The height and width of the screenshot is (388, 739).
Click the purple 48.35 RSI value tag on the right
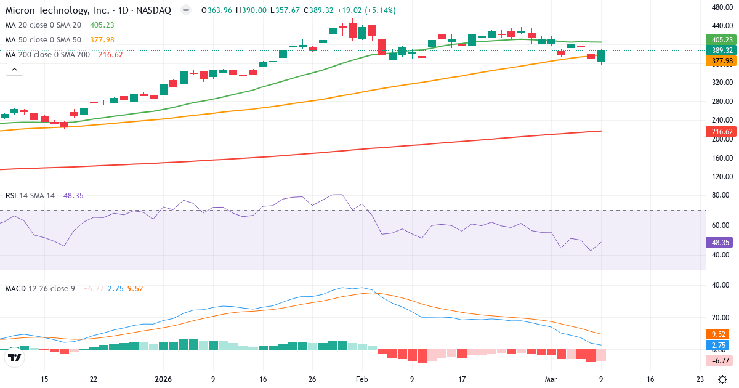719,243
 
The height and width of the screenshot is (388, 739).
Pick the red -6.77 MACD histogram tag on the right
719,360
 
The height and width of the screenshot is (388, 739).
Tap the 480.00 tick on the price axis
720,7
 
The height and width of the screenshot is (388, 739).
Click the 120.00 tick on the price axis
720,177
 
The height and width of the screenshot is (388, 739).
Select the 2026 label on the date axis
163,379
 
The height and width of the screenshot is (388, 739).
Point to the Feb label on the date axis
361,379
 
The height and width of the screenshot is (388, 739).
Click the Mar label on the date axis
551,379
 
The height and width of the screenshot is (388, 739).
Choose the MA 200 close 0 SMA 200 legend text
47,55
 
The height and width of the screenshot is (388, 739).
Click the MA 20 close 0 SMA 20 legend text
42,25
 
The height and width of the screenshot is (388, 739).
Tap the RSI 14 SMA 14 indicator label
30,196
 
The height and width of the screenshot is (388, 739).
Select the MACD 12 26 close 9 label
40,289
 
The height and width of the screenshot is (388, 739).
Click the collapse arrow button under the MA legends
14,70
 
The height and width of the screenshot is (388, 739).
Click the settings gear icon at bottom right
722,379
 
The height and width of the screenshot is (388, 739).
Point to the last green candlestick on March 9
601,56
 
